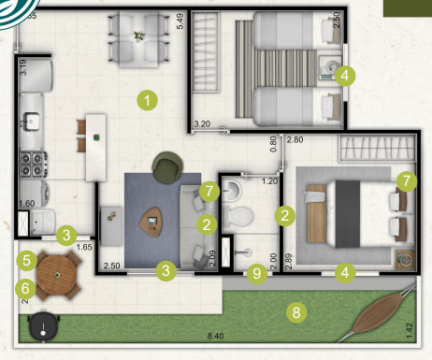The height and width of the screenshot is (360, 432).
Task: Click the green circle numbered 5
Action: click(27, 259)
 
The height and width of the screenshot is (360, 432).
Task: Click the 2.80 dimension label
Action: click(295, 139)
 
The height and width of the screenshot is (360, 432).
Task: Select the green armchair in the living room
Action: click(168, 168)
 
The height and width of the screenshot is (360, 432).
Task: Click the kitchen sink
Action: click(30, 120)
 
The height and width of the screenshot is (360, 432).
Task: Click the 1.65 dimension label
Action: click(84, 248)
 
